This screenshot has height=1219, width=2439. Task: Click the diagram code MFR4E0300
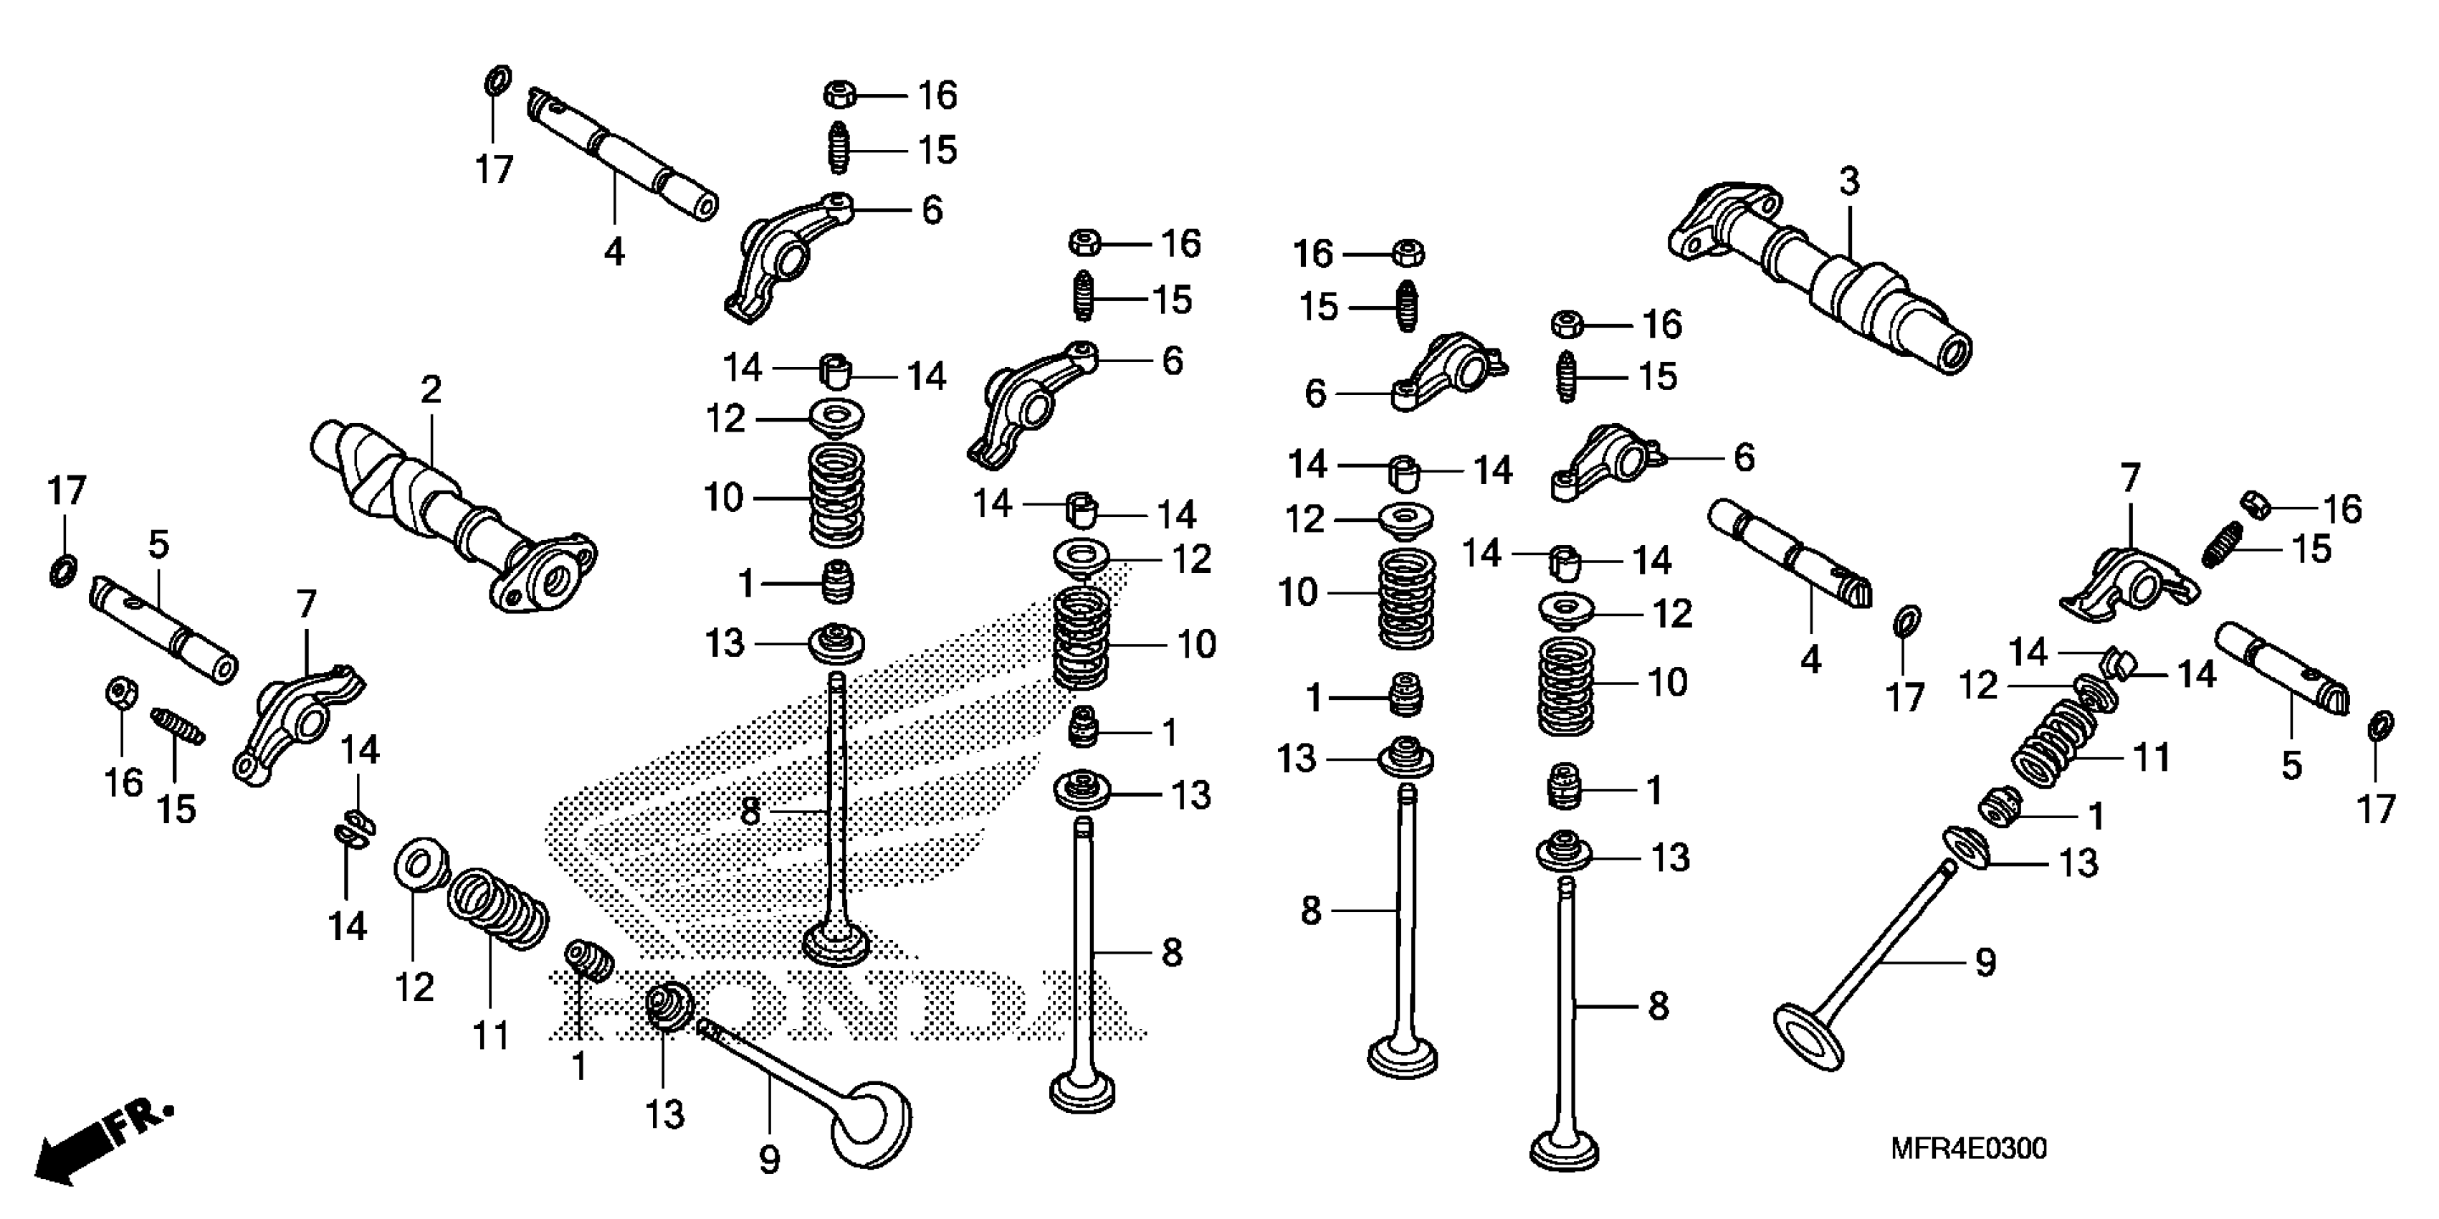click(1967, 1149)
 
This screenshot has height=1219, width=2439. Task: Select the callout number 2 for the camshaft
click(431, 390)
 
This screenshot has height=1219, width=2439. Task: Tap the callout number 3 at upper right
click(1849, 181)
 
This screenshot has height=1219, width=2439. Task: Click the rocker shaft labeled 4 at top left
click(620, 156)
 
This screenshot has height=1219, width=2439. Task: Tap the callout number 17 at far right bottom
click(2374, 810)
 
